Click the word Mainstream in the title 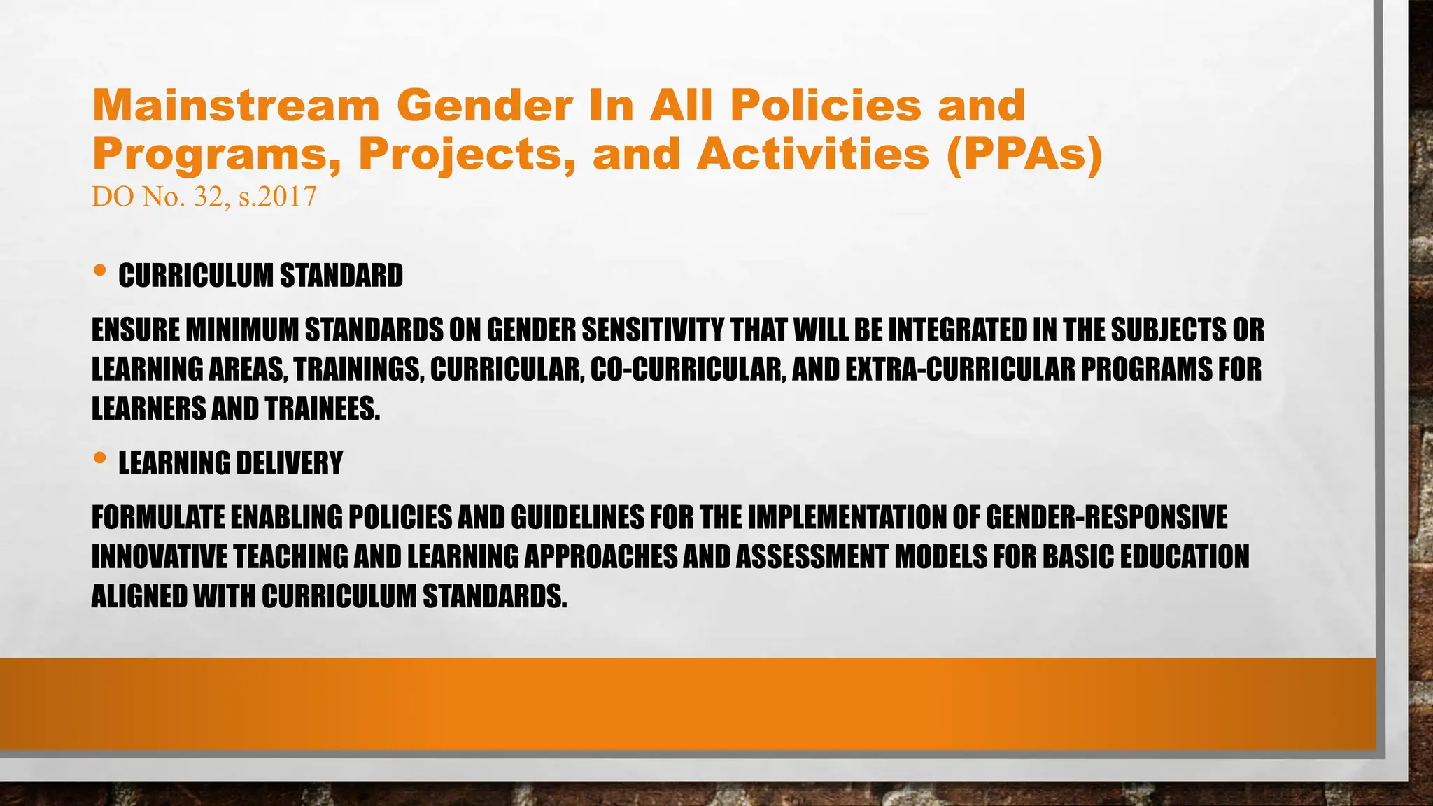coord(235,106)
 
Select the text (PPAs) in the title coord(1024,154)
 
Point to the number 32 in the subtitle coord(208,197)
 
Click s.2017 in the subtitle coord(278,197)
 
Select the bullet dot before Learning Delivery coord(99,458)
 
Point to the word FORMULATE coord(158,518)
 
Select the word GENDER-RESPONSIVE coord(1106,518)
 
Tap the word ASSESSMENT coord(812,557)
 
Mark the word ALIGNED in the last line coord(139,596)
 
